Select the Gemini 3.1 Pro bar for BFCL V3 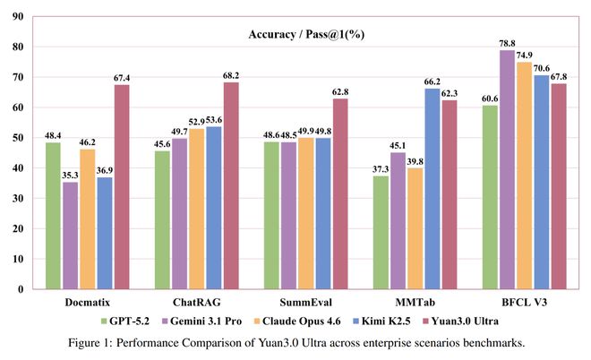[x=508, y=170]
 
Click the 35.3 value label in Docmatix [x=70, y=176]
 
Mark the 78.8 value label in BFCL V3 [x=508, y=43]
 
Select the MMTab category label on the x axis [x=415, y=304]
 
